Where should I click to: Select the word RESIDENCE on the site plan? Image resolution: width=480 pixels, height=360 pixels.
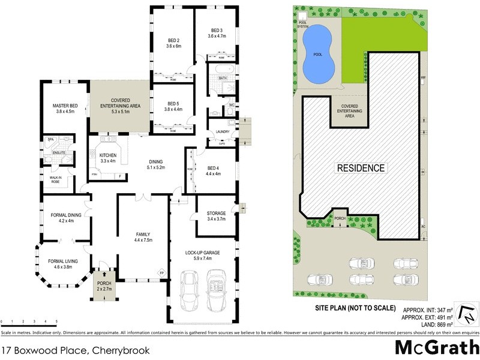coord(360,168)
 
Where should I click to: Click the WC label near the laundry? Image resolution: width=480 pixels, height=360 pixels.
coord(231,106)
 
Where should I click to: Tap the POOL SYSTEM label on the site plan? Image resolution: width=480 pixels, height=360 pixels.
coord(303,25)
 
